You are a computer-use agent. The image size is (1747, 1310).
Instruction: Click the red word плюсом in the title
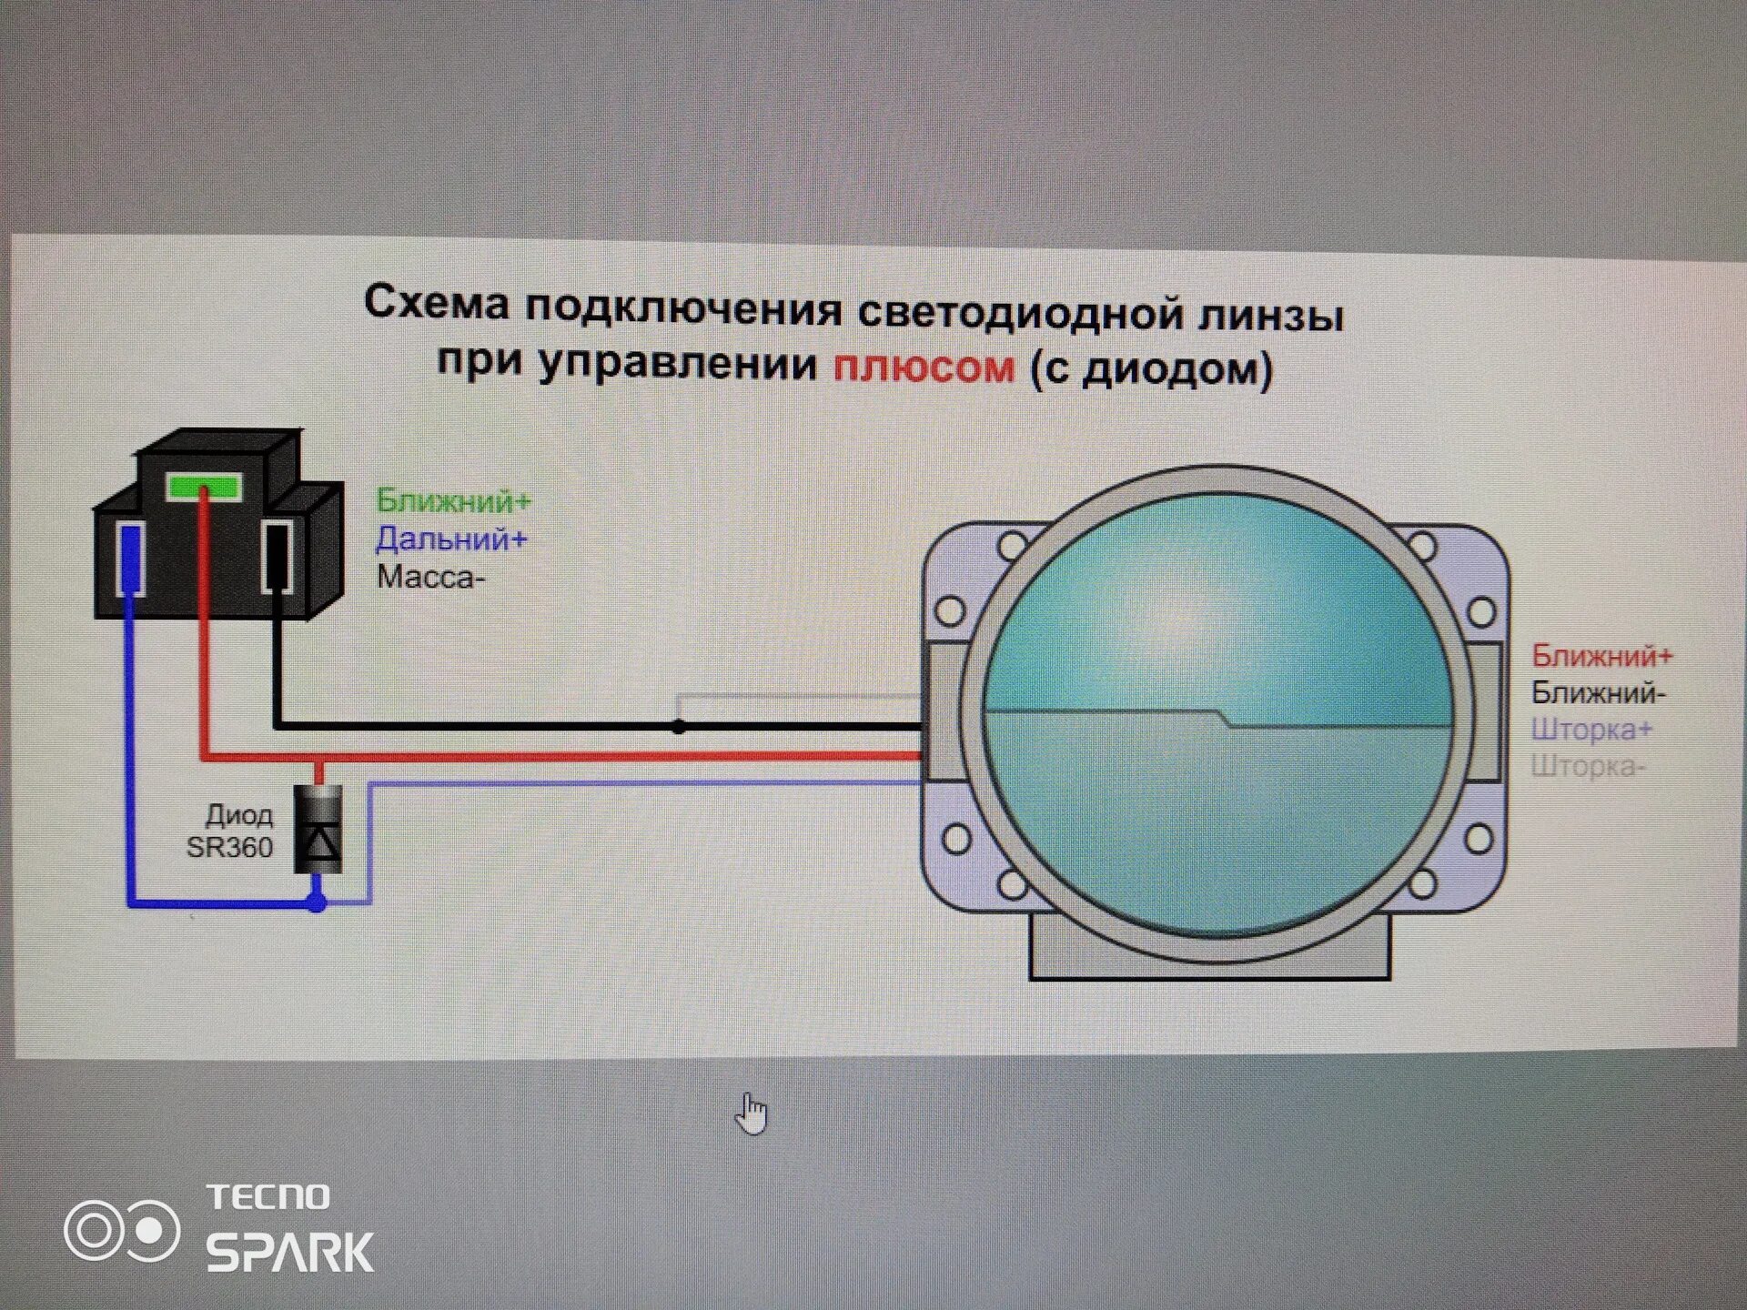tap(923, 367)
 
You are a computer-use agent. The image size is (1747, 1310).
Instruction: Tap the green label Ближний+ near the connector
tap(453, 500)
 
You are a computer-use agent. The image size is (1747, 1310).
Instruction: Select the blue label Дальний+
tap(451, 539)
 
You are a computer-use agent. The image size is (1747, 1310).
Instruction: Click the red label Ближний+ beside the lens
tap(1601, 655)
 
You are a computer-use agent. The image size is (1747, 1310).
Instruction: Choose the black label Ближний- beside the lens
tap(1598, 693)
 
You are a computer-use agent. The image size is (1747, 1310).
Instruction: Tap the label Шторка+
tap(1591, 730)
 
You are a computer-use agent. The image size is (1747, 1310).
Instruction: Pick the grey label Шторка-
tap(1588, 767)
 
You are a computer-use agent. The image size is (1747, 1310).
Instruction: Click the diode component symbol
tap(318, 830)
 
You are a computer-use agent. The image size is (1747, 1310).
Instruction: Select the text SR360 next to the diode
tap(229, 848)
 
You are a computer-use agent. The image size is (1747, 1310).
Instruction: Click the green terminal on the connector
tap(204, 487)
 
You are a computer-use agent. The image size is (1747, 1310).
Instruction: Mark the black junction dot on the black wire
tap(679, 727)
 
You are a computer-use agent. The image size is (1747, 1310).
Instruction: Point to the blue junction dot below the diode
tap(316, 902)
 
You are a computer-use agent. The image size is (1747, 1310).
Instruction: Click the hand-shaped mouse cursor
tap(752, 1113)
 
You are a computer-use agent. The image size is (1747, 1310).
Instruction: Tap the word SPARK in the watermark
tap(289, 1253)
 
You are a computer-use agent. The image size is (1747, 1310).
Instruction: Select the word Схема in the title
tap(437, 303)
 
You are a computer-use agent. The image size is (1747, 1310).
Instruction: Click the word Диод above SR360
tap(239, 814)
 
